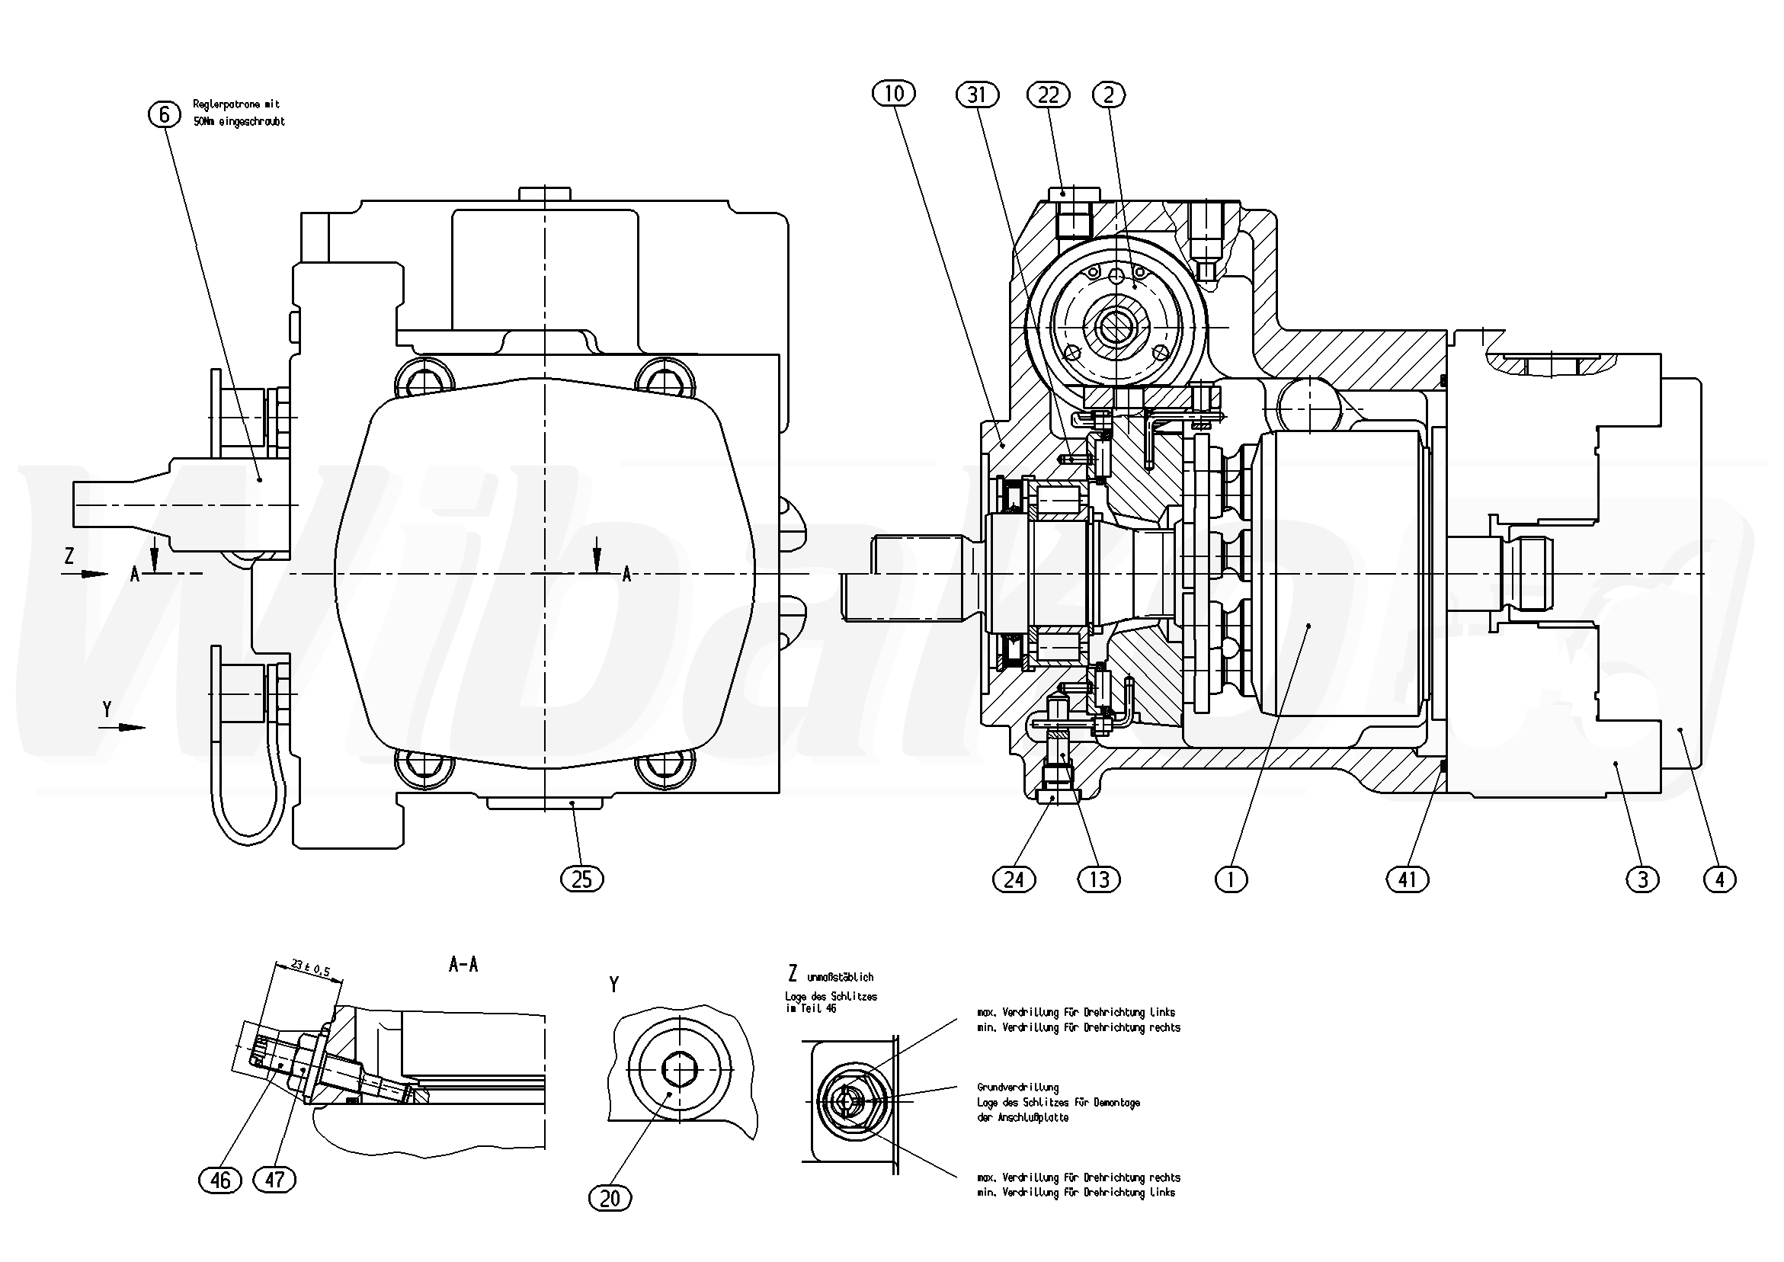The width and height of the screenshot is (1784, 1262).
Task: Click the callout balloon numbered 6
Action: (x=163, y=115)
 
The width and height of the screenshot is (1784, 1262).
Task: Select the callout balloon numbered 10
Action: (x=894, y=94)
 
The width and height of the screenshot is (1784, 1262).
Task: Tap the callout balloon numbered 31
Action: (x=977, y=94)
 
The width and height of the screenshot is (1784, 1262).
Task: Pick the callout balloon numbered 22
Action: (x=1048, y=94)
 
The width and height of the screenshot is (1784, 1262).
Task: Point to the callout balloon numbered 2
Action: (x=1109, y=94)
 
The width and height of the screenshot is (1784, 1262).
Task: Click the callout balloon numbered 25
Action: (x=582, y=879)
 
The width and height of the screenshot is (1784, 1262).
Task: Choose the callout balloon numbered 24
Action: (x=1014, y=879)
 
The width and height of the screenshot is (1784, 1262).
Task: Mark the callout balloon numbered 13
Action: (x=1100, y=879)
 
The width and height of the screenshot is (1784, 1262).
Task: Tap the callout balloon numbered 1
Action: (x=1231, y=879)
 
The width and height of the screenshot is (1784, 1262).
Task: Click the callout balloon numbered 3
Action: (x=1642, y=879)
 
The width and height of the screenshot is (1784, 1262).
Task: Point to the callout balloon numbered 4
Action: (x=1719, y=879)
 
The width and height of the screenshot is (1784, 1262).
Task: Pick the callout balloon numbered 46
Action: (x=221, y=1180)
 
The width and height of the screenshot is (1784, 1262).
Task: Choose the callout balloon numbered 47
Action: (x=275, y=1180)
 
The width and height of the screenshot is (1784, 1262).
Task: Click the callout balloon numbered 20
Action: (x=610, y=1198)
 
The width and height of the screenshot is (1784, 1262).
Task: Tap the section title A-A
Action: (x=463, y=965)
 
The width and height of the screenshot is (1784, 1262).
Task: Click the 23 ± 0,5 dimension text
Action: (x=310, y=969)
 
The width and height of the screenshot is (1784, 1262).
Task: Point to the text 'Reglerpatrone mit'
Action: (x=236, y=104)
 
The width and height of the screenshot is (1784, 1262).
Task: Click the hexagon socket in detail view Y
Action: (x=678, y=1070)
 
